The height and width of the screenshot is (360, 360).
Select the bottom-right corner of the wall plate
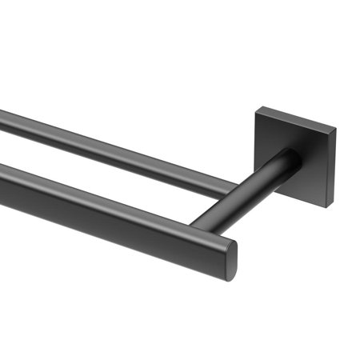(x=327, y=207)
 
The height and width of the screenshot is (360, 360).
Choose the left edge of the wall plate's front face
(x=257, y=148)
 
